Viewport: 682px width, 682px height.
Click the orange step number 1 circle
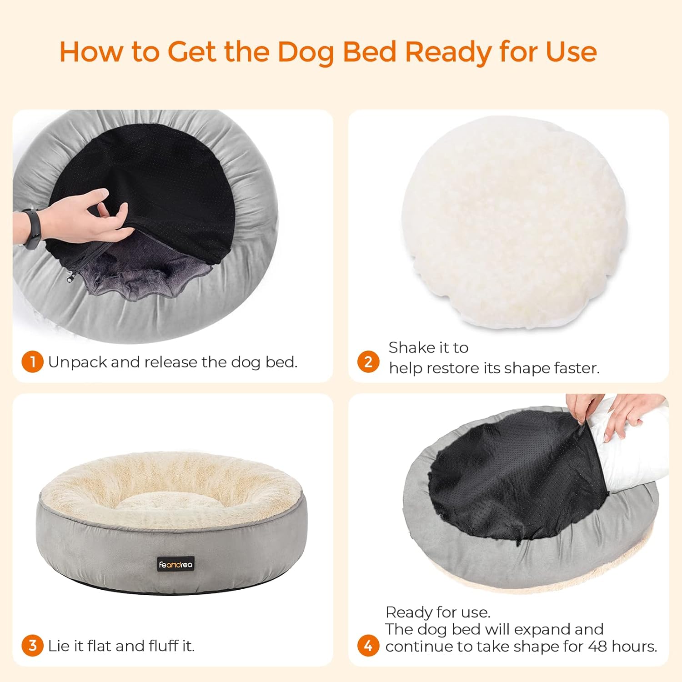click(x=32, y=362)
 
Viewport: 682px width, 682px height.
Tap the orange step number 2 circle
click(x=368, y=362)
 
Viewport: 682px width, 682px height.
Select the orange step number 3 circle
click(x=32, y=646)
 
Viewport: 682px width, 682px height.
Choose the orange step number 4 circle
click(x=368, y=646)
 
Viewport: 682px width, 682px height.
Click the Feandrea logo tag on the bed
click(x=176, y=564)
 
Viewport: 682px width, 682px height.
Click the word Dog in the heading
click(x=306, y=52)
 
